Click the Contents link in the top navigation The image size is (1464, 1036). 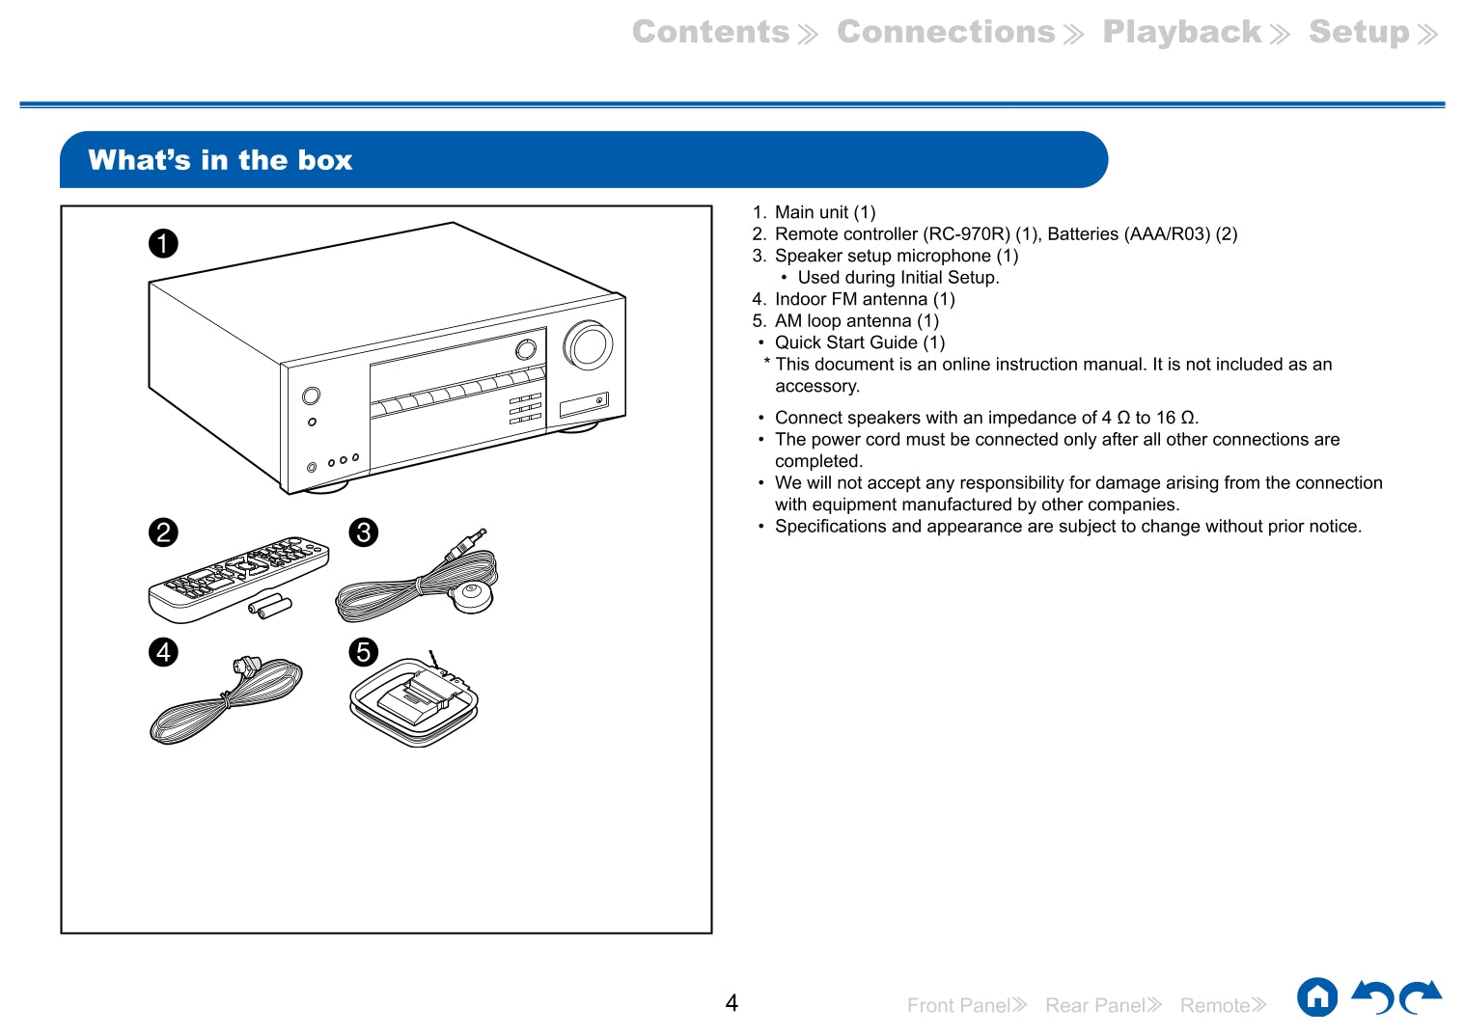pos(711,32)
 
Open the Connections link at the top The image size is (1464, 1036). pos(947,32)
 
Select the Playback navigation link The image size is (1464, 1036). pos(1182,32)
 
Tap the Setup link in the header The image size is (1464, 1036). pos(1359,32)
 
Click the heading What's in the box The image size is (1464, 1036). pos(220,160)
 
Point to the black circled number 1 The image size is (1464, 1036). pos(163,243)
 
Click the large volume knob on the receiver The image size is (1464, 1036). pos(588,344)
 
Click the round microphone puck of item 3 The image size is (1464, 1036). pos(472,595)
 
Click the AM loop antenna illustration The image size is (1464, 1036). pos(414,703)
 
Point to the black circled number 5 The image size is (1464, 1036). pos(363,652)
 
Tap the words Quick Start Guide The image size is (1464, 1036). pos(846,342)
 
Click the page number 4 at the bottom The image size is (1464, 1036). pos(732,1003)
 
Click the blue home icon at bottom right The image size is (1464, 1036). pos(1317,997)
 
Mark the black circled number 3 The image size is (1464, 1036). pos(363,532)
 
